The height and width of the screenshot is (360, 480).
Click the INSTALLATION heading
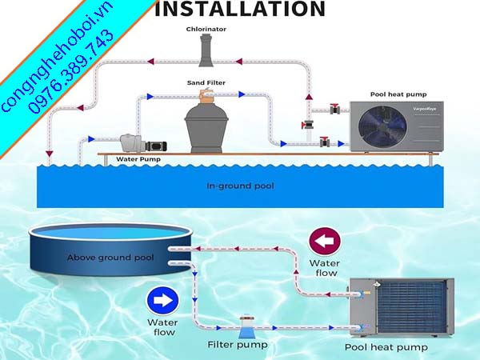(x=240, y=10)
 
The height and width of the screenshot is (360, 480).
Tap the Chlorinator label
(x=207, y=29)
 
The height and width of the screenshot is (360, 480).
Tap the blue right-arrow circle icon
(x=162, y=302)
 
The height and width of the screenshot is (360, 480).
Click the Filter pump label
(x=238, y=346)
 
